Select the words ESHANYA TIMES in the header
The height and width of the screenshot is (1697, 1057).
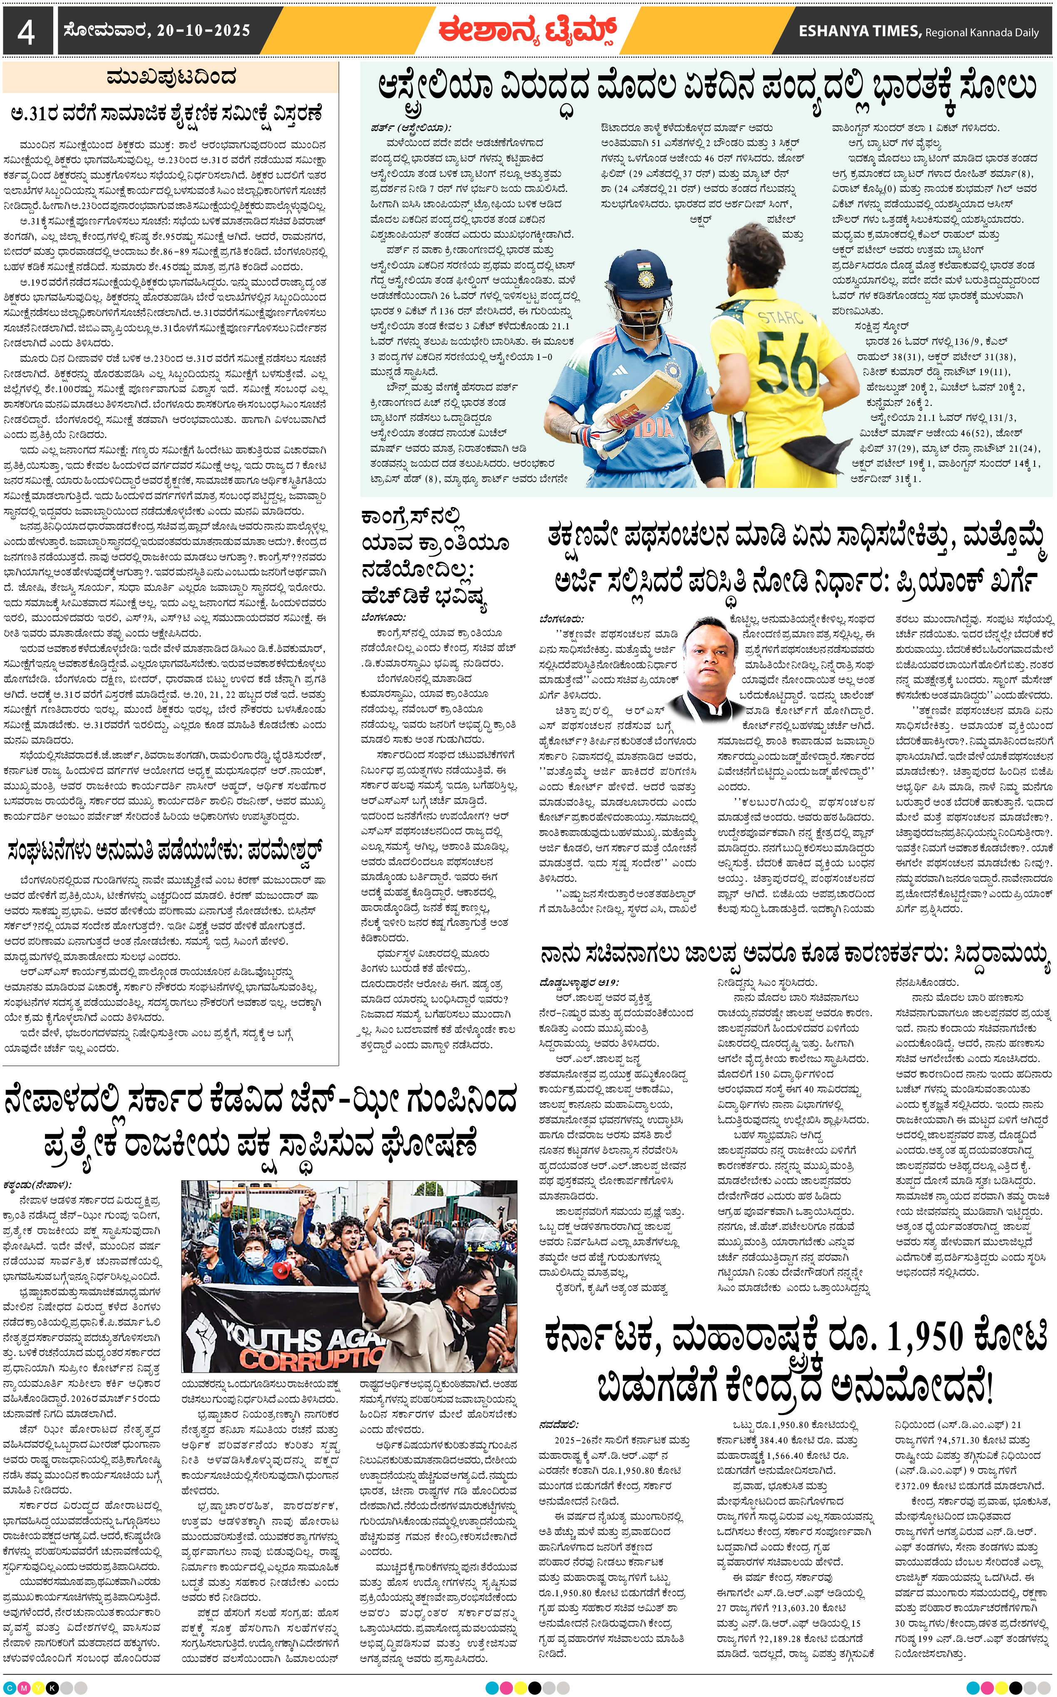pyautogui.click(x=860, y=31)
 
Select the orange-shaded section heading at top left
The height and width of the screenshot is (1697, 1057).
pyautogui.click(x=171, y=77)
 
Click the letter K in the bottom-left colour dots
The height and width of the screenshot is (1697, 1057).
pyautogui.click(x=52, y=1687)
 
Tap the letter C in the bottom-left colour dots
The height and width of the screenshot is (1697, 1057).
pyautogui.click(x=10, y=1687)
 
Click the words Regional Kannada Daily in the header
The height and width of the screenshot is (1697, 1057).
pyautogui.click(x=982, y=32)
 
